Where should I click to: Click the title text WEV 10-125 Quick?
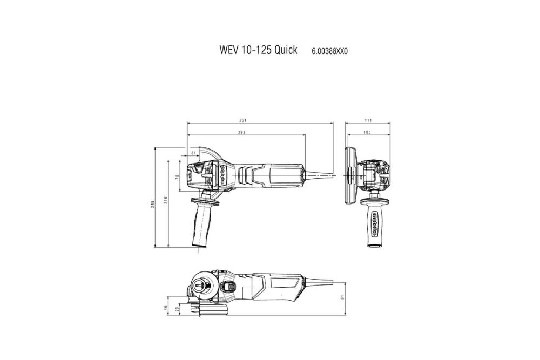(x=258, y=50)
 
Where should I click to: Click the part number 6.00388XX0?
(x=329, y=51)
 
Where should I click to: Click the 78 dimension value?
(x=177, y=176)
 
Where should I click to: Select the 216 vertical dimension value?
(x=166, y=200)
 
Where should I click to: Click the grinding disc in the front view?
(x=350, y=174)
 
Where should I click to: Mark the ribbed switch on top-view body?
(x=246, y=175)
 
